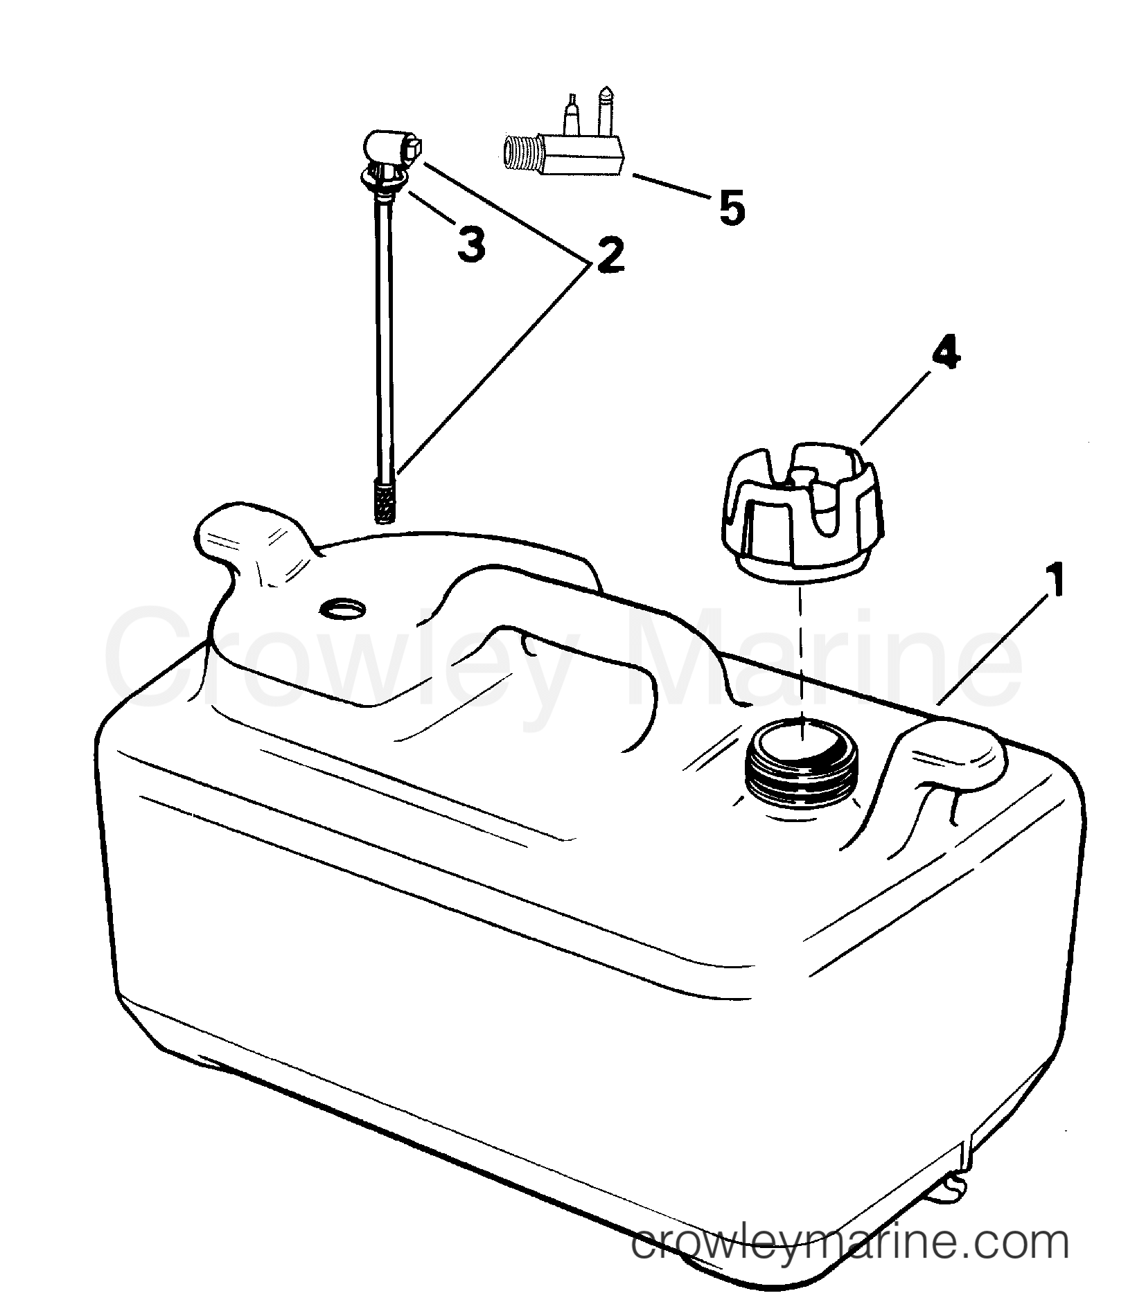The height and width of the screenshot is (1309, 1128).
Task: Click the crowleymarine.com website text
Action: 850,1244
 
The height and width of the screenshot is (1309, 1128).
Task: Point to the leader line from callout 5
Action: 670,183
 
